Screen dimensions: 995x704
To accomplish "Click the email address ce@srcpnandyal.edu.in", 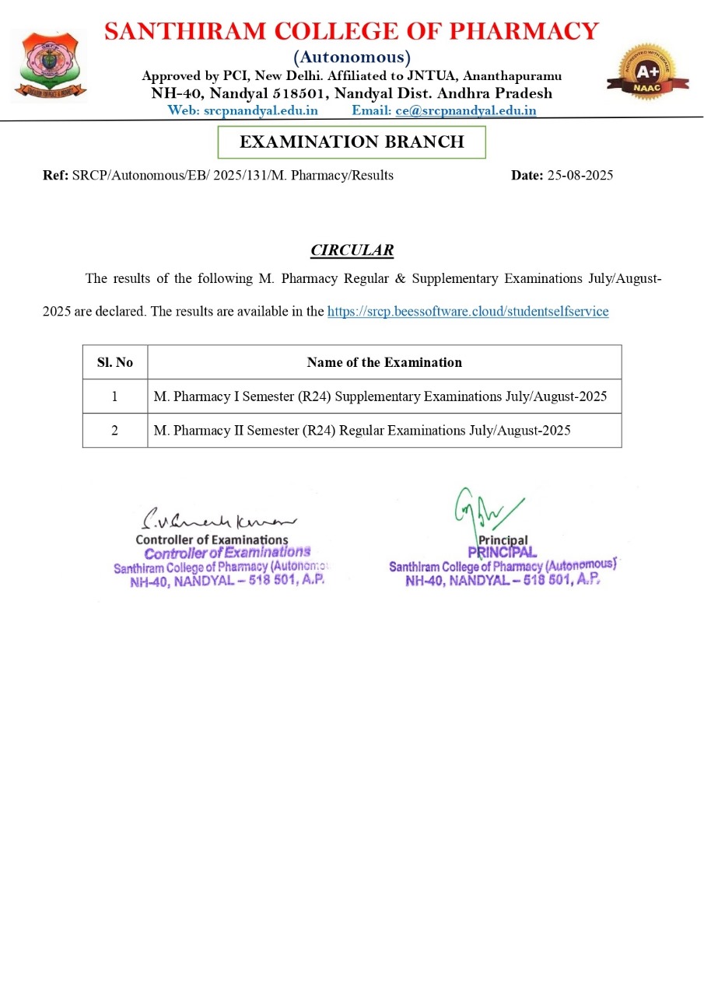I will pyautogui.click(x=466, y=110).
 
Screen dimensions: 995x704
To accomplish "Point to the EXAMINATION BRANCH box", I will pyautogui.click(x=352, y=141).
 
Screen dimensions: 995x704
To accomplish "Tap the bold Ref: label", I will pyautogui.click(x=56, y=176).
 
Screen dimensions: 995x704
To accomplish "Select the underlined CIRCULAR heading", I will pyautogui.click(x=352, y=250).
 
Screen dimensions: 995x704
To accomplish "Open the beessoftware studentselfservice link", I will pyautogui.click(x=468, y=312).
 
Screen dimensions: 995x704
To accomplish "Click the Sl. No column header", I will pyautogui.click(x=115, y=362).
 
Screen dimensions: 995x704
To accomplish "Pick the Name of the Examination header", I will pyautogui.click(x=384, y=362).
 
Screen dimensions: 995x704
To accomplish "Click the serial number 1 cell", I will pyautogui.click(x=115, y=396).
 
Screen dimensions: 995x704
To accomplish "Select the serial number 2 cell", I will pyautogui.click(x=115, y=431).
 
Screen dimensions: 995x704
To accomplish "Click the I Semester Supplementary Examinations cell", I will pyautogui.click(x=380, y=396).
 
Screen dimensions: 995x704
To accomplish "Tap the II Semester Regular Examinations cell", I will pyautogui.click(x=362, y=431).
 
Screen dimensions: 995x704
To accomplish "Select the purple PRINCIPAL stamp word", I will pyautogui.click(x=502, y=552).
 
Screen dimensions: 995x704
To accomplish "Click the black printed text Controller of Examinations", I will pyautogui.click(x=212, y=539).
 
